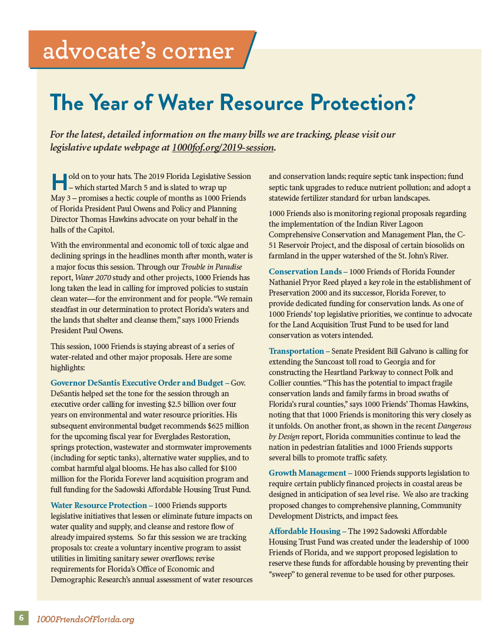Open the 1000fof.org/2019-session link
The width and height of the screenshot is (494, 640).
coord(223,147)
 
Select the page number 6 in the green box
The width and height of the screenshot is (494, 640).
coord(21,618)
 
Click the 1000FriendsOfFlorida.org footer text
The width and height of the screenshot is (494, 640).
coord(86,619)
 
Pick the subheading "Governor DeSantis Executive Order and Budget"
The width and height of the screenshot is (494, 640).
coord(137,383)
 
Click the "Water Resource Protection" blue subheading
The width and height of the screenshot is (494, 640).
coord(99,505)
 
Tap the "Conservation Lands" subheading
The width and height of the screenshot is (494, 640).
coord(305,271)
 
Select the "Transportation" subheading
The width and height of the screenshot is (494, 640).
coord(296,351)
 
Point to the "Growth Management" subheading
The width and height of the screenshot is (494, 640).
coord(308,473)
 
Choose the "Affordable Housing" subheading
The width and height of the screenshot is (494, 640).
coord(305,531)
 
